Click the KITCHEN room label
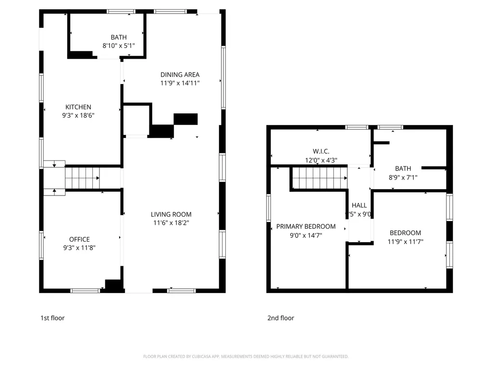[78, 107]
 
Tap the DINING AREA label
[180, 74]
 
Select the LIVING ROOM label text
[171, 214]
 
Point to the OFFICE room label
[79, 239]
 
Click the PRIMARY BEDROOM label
[306, 226]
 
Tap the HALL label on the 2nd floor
[359, 205]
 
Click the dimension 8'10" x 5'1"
[119, 46]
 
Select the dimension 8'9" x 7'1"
[403, 177]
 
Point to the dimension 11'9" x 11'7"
[405, 242]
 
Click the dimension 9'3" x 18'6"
[78, 116]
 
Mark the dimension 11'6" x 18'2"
[171, 223]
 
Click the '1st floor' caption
[52, 318]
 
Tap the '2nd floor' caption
[281, 318]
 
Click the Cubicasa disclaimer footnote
[246, 357]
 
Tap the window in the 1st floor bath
[121, 12]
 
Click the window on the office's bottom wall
[85, 291]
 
